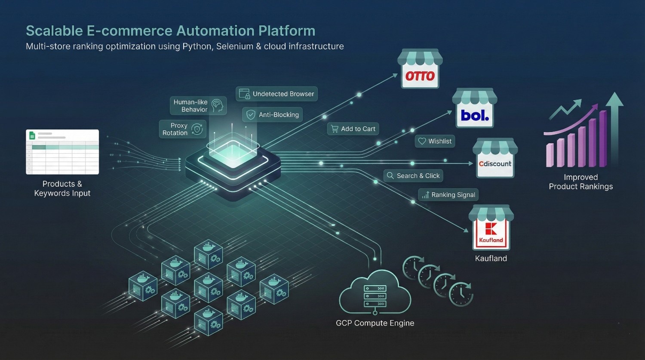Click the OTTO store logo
420,77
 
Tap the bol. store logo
475,115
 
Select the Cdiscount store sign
495,164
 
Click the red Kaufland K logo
491,229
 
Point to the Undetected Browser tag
276,94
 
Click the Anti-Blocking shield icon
250,115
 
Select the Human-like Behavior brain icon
217,105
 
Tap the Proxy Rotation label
175,129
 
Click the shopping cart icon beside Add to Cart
335,129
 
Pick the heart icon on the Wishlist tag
422,141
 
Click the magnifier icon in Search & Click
390,175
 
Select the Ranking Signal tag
448,195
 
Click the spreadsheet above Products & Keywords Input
62,152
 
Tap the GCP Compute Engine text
375,323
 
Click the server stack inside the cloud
375,296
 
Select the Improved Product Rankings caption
580,182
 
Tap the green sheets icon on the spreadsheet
31,135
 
